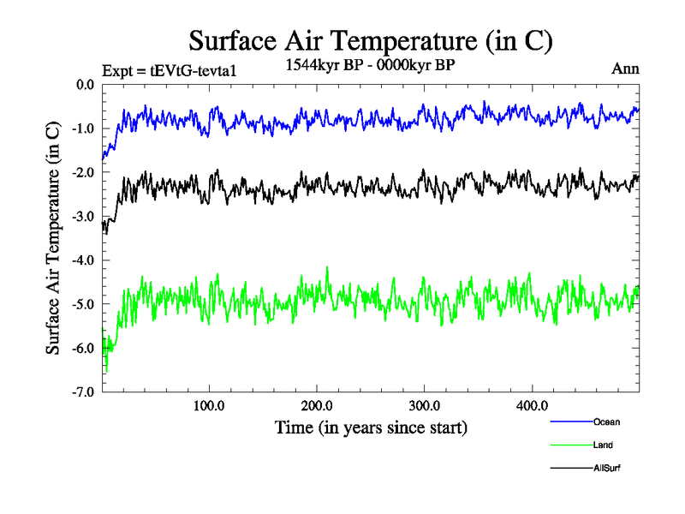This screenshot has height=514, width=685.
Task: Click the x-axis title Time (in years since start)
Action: (371, 426)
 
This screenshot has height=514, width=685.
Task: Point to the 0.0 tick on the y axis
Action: (86, 85)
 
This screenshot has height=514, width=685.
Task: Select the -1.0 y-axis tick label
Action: (84, 128)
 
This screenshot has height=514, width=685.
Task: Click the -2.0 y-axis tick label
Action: (84, 172)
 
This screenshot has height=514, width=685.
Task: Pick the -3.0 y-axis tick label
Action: (84, 217)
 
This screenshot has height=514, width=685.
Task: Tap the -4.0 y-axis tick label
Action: (84, 260)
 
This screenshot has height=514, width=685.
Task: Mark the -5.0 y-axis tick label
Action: (84, 304)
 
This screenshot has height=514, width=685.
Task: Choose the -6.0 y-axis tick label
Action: (84, 348)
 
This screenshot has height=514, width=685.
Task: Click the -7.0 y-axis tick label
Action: (84, 392)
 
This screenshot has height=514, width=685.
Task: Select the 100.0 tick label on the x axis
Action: (209, 405)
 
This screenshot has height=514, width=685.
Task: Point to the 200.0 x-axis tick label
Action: (317, 405)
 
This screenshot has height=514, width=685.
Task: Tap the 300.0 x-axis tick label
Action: (425, 405)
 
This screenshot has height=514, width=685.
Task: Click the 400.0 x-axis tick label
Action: (532, 405)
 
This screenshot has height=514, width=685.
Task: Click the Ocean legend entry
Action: (606, 421)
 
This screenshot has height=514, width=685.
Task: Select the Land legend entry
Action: (603, 445)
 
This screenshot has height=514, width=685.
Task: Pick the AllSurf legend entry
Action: (606, 468)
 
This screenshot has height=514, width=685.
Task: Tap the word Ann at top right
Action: (625, 69)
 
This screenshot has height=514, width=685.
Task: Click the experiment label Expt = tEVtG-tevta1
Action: (168, 70)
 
